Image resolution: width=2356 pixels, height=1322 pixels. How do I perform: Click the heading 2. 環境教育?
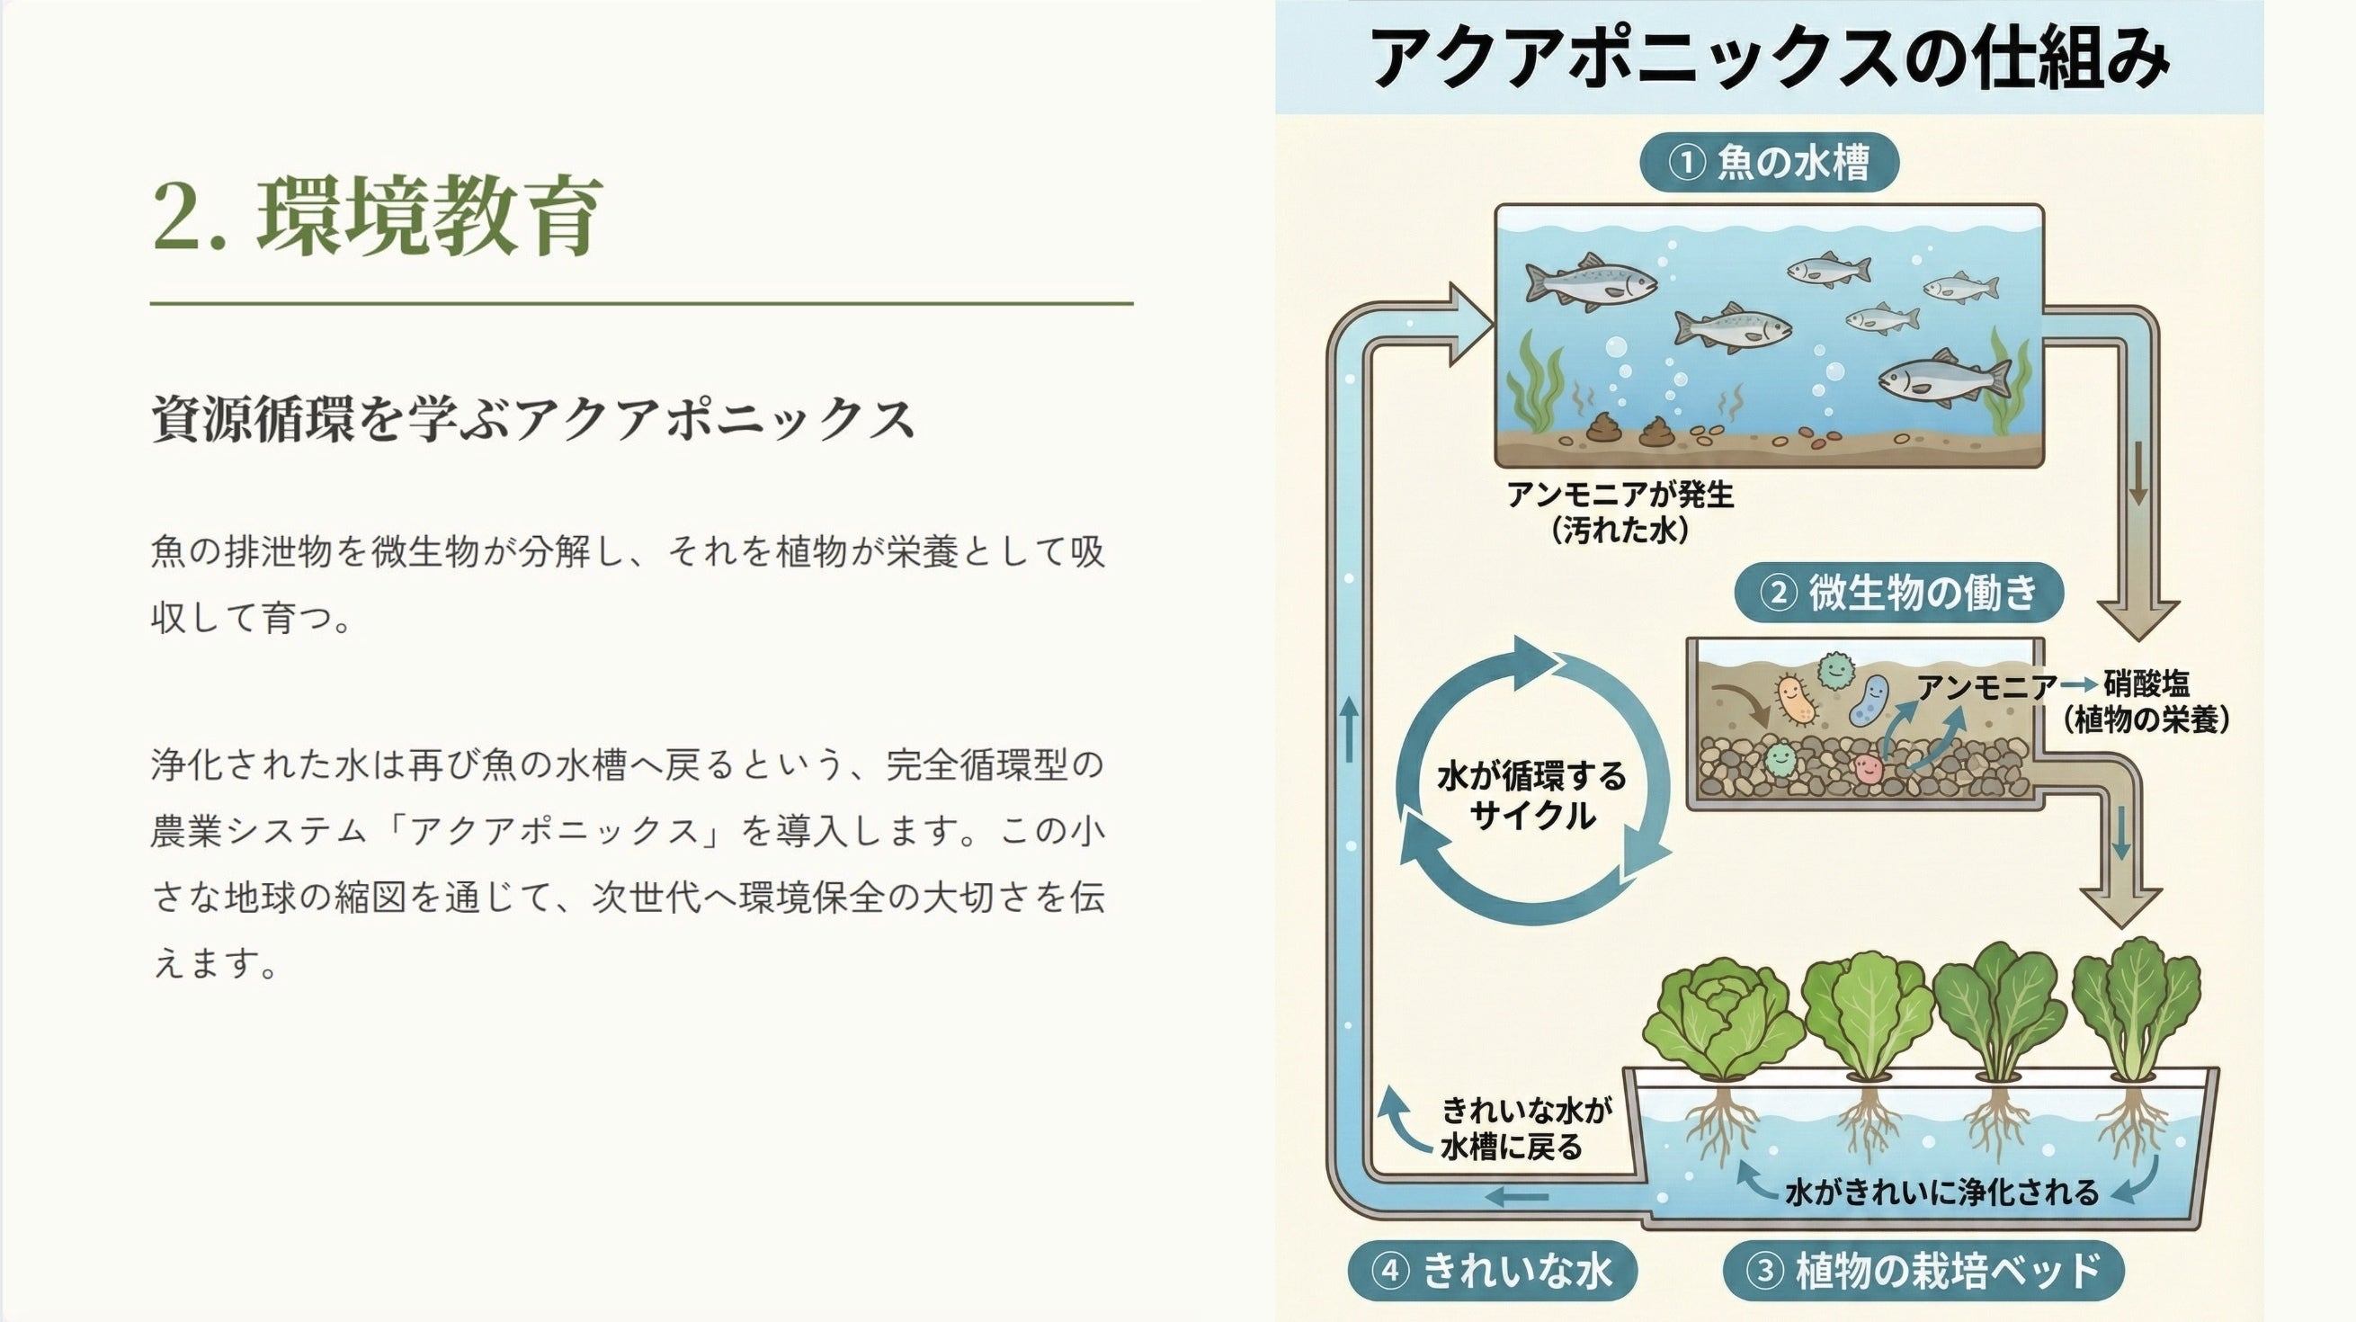[x=377, y=215]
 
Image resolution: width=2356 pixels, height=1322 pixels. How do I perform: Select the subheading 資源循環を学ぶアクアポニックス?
[x=533, y=419]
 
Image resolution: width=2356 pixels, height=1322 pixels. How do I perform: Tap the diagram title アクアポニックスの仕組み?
[x=1769, y=58]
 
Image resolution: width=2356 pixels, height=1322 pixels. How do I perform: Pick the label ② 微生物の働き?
[x=1898, y=593]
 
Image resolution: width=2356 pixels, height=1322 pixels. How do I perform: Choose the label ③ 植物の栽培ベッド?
[x=1923, y=1270]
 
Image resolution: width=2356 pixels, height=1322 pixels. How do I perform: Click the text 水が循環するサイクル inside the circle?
[x=1532, y=795]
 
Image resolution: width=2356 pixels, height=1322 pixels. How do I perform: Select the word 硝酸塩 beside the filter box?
[x=2146, y=684]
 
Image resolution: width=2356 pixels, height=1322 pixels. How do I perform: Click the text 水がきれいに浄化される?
[x=1941, y=1192]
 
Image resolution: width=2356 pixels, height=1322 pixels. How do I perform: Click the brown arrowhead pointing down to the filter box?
[x=2138, y=620]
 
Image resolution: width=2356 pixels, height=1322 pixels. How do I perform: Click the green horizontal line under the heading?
[x=642, y=303]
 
